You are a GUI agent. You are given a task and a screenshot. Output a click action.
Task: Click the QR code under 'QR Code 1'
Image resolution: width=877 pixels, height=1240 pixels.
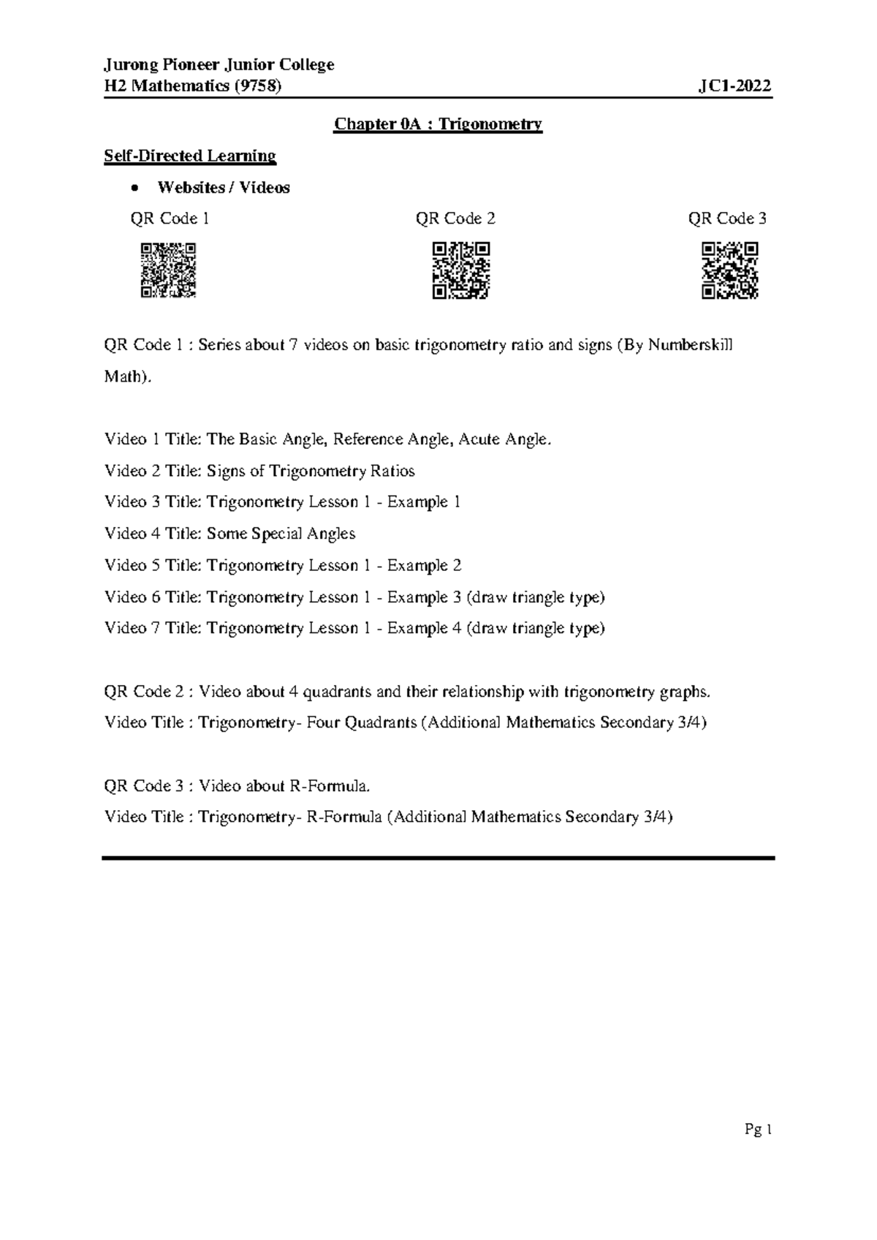pos(168,271)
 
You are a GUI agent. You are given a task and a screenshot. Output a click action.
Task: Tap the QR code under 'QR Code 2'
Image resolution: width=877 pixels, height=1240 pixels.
pos(460,271)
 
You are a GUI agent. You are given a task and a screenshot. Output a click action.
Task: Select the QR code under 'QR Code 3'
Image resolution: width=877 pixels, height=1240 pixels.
pos(729,271)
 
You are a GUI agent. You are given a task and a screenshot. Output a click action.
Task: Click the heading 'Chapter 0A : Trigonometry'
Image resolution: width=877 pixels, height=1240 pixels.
pos(438,124)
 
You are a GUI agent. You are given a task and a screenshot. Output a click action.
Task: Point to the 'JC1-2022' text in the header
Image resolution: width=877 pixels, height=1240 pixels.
pos(735,86)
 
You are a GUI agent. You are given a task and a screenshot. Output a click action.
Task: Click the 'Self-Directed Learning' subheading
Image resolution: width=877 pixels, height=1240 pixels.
pos(190,156)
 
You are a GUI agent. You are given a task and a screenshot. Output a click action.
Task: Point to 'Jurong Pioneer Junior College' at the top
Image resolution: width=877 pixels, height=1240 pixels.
pos(219,65)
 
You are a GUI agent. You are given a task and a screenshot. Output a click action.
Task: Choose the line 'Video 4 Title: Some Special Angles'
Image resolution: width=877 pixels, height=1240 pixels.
pos(230,534)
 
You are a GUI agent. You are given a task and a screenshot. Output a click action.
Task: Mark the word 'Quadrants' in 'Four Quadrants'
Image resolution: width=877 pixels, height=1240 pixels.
pos(380,723)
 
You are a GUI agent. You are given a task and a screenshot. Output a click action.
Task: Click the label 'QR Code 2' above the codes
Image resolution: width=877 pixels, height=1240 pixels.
pos(455,219)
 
